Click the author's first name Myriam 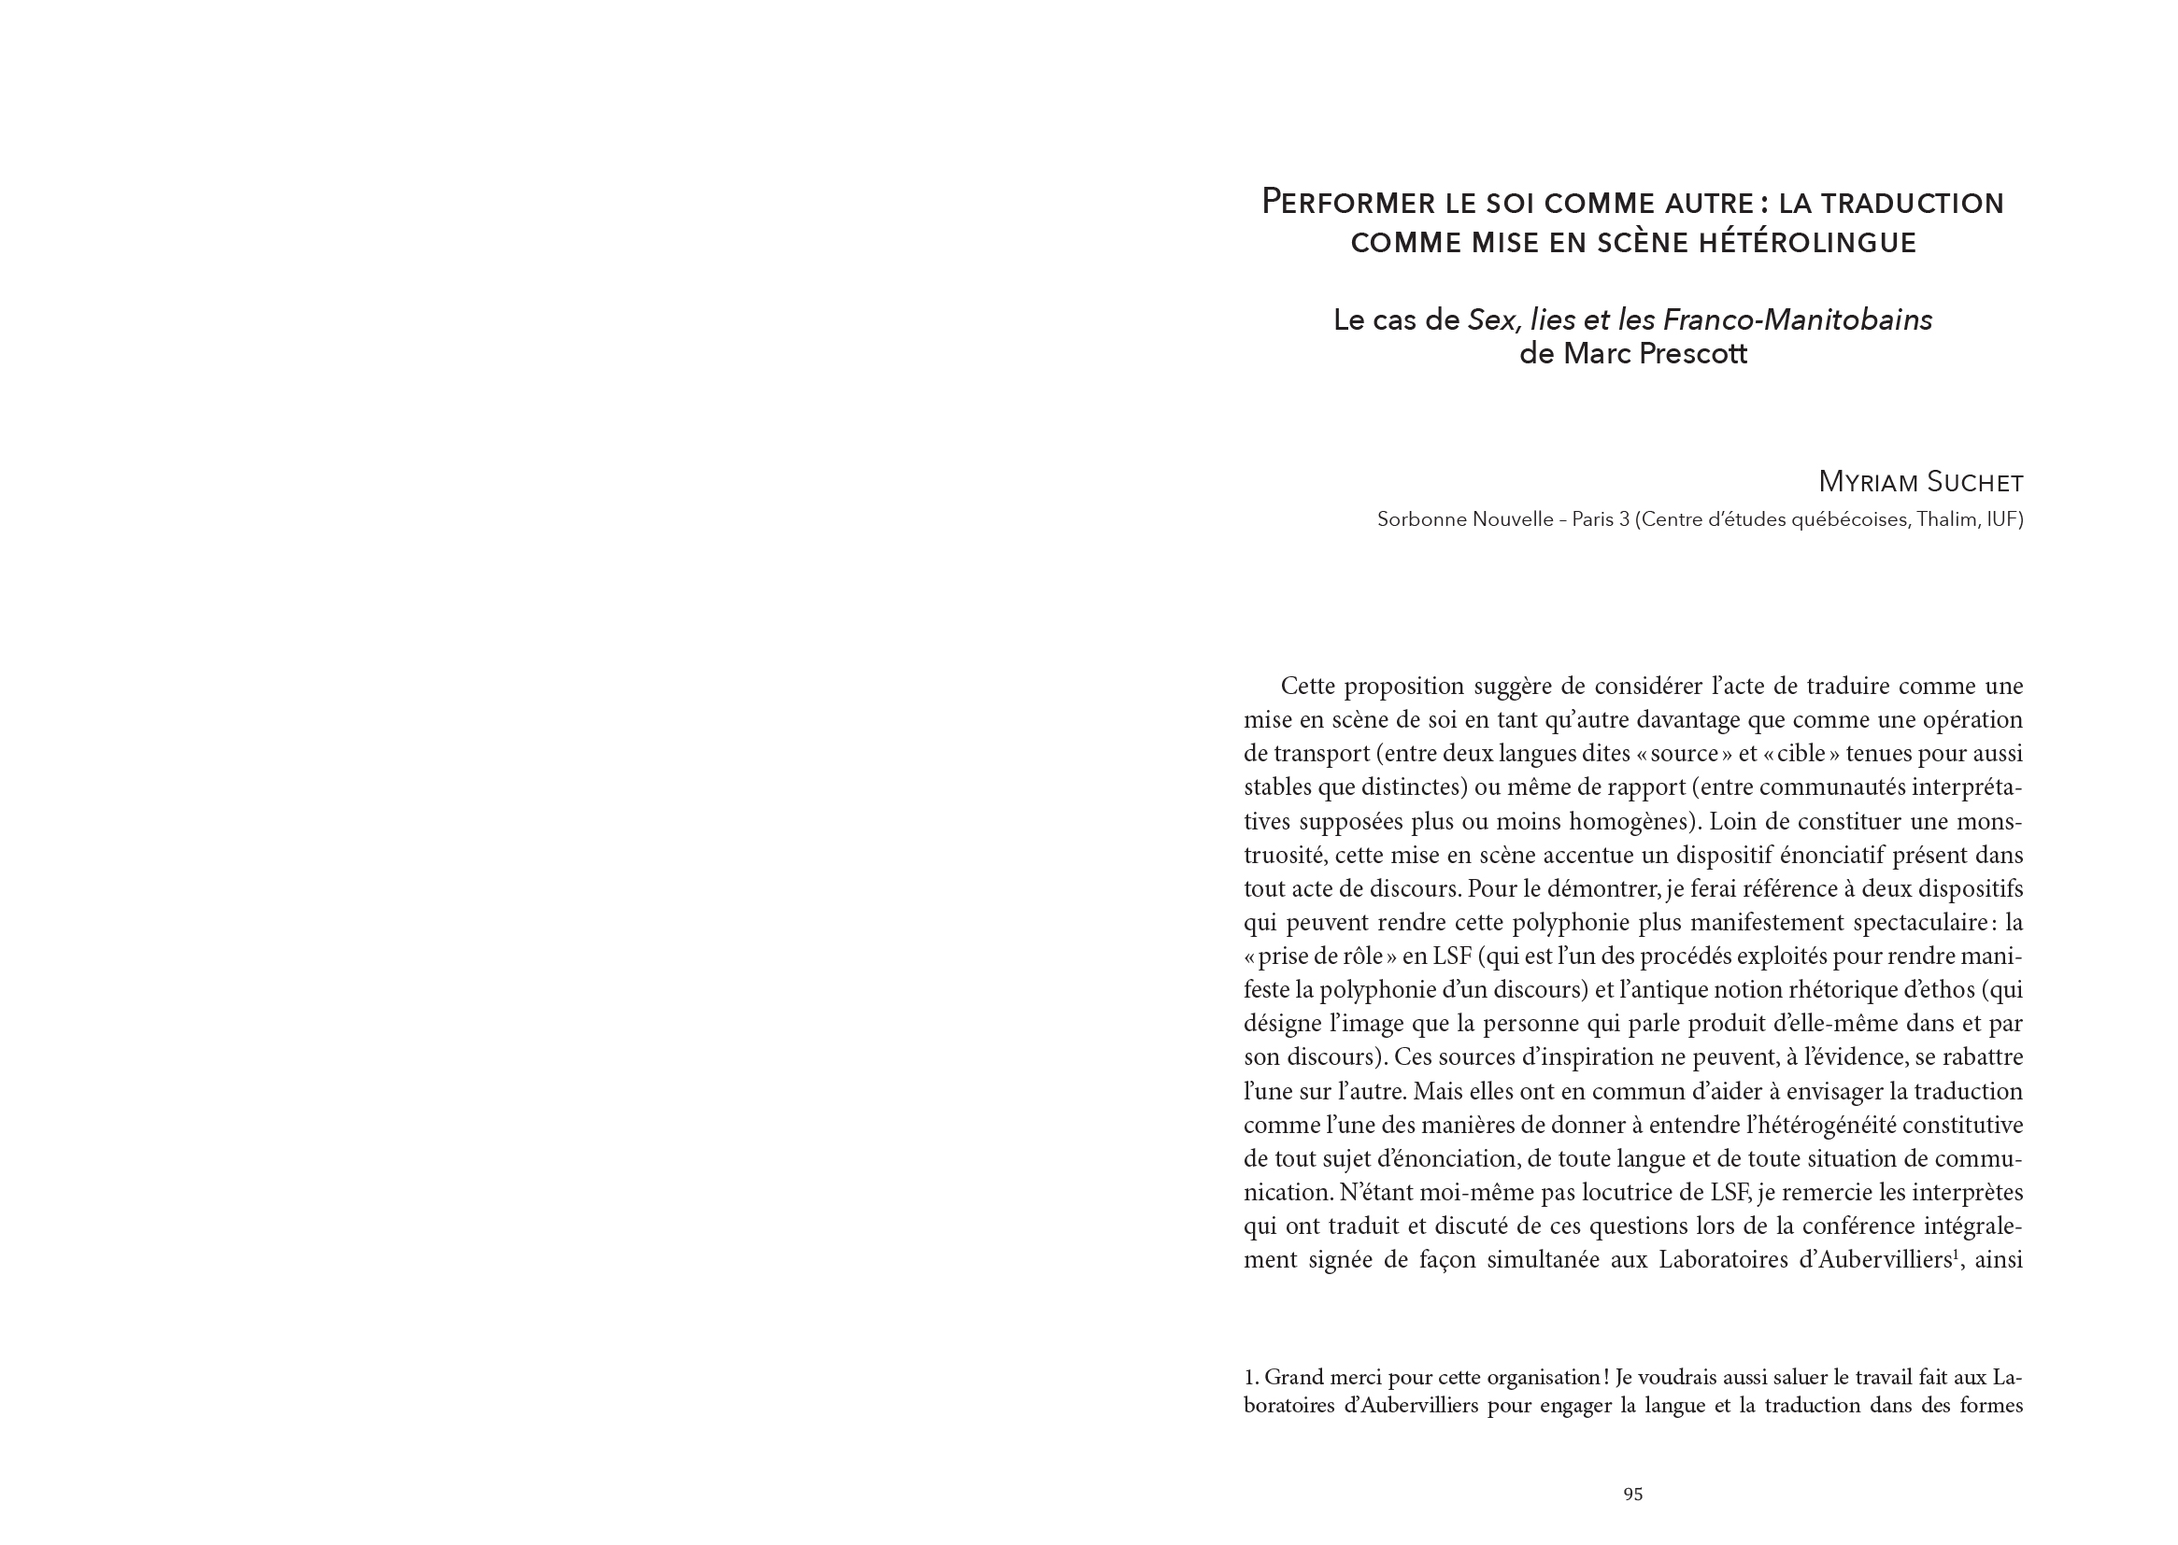coord(1868,483)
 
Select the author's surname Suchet coord(1974,483)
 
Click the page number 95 coord(1632,1495)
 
